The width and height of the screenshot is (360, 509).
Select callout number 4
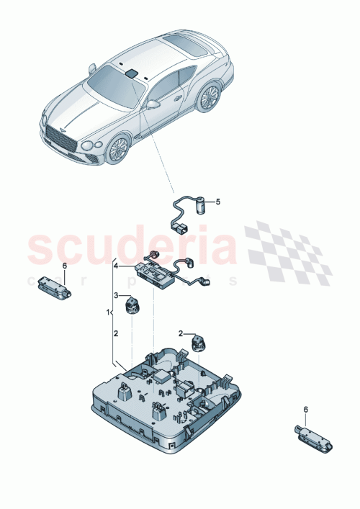point(114,266)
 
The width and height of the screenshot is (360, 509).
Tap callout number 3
point(114,295)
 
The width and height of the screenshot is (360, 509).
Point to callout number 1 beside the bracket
point(108,314)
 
